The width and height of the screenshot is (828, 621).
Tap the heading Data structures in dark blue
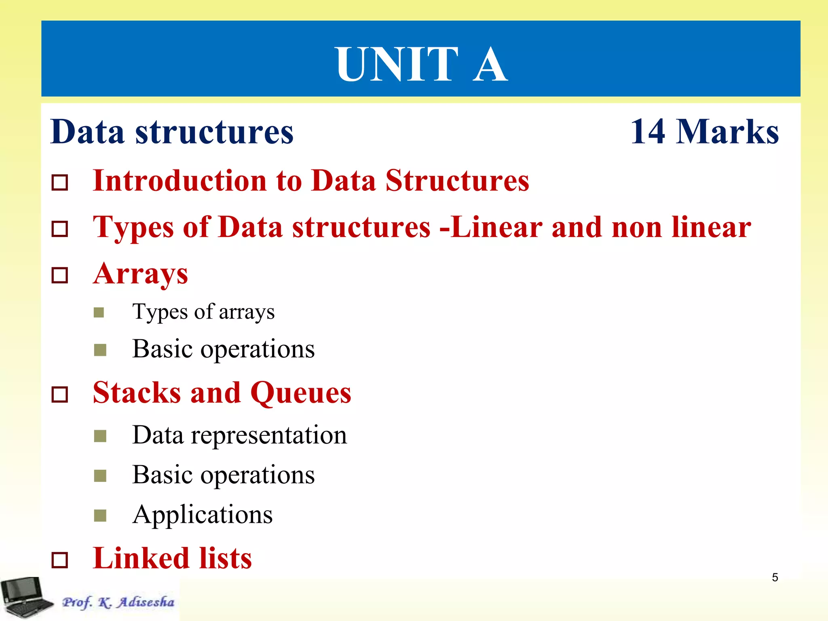pyautogui.click(x=172, y=132)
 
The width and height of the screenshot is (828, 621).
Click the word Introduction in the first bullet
pyautogui.click(x=180, y=180)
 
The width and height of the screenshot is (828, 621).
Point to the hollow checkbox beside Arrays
pyautogui.click(x=60, y=276)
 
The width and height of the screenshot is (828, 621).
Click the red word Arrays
pyautogui.click(x=140, y=274)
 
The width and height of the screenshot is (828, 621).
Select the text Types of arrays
pyautogui.click(x=203, y=312)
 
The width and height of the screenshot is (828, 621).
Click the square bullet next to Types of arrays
pyautogui.click(x=99, y=313)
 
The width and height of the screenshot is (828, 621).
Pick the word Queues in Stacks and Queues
pyautogui.click(x=301, y=393)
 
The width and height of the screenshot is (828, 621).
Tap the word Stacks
pyautogui.click(x=137, y=393)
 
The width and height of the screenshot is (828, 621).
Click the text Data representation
pyautogui.click(x=239, y=435)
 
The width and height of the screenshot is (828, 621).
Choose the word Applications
pyautogui.click(x=203, y=515)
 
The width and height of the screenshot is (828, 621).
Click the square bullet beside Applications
pyautogui.click(x=100, y=515)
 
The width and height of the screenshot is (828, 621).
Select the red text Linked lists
pyautogui.click(x=172, y=558)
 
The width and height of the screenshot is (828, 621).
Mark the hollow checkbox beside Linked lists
pyautogui.click(x=60, y=560)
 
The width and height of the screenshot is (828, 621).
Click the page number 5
pyautogui.click(x=775, y=577)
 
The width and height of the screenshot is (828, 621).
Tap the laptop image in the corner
pyautogui.click(x=25, y=598)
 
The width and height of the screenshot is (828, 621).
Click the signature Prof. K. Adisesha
pyautogui.click(x=118, y=602)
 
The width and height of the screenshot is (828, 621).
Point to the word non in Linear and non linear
pyautogui.click(x=636, y=227)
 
